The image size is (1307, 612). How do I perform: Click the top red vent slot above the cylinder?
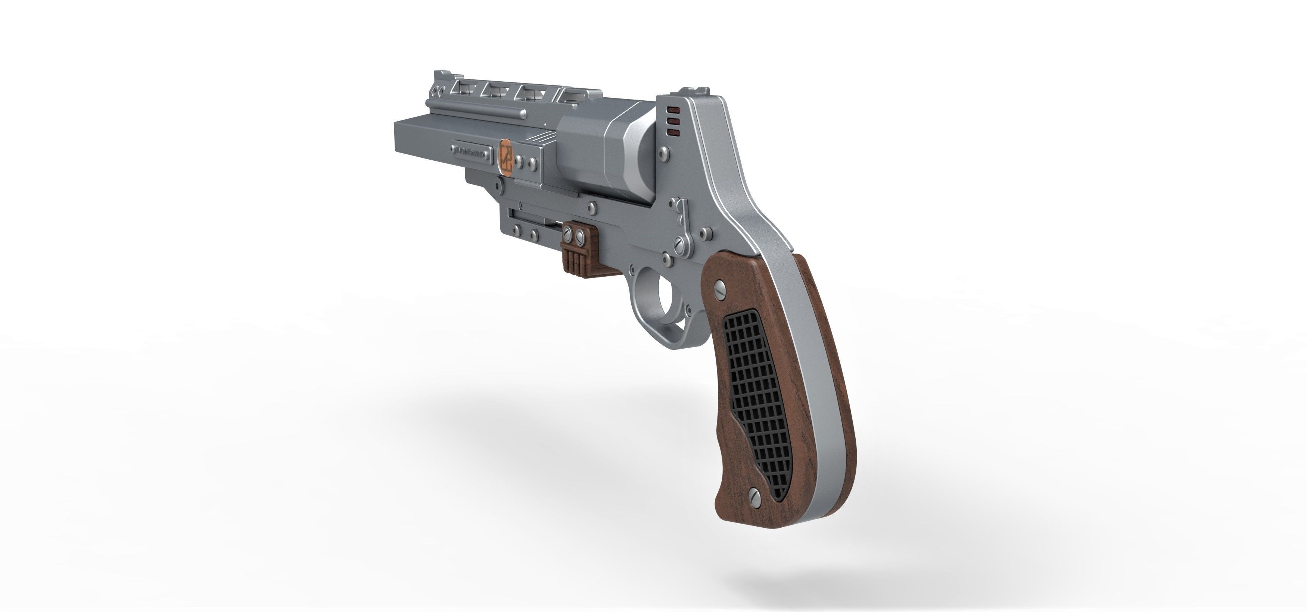(x=674, y=110)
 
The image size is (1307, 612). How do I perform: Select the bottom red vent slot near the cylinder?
(x=674, y=133)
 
